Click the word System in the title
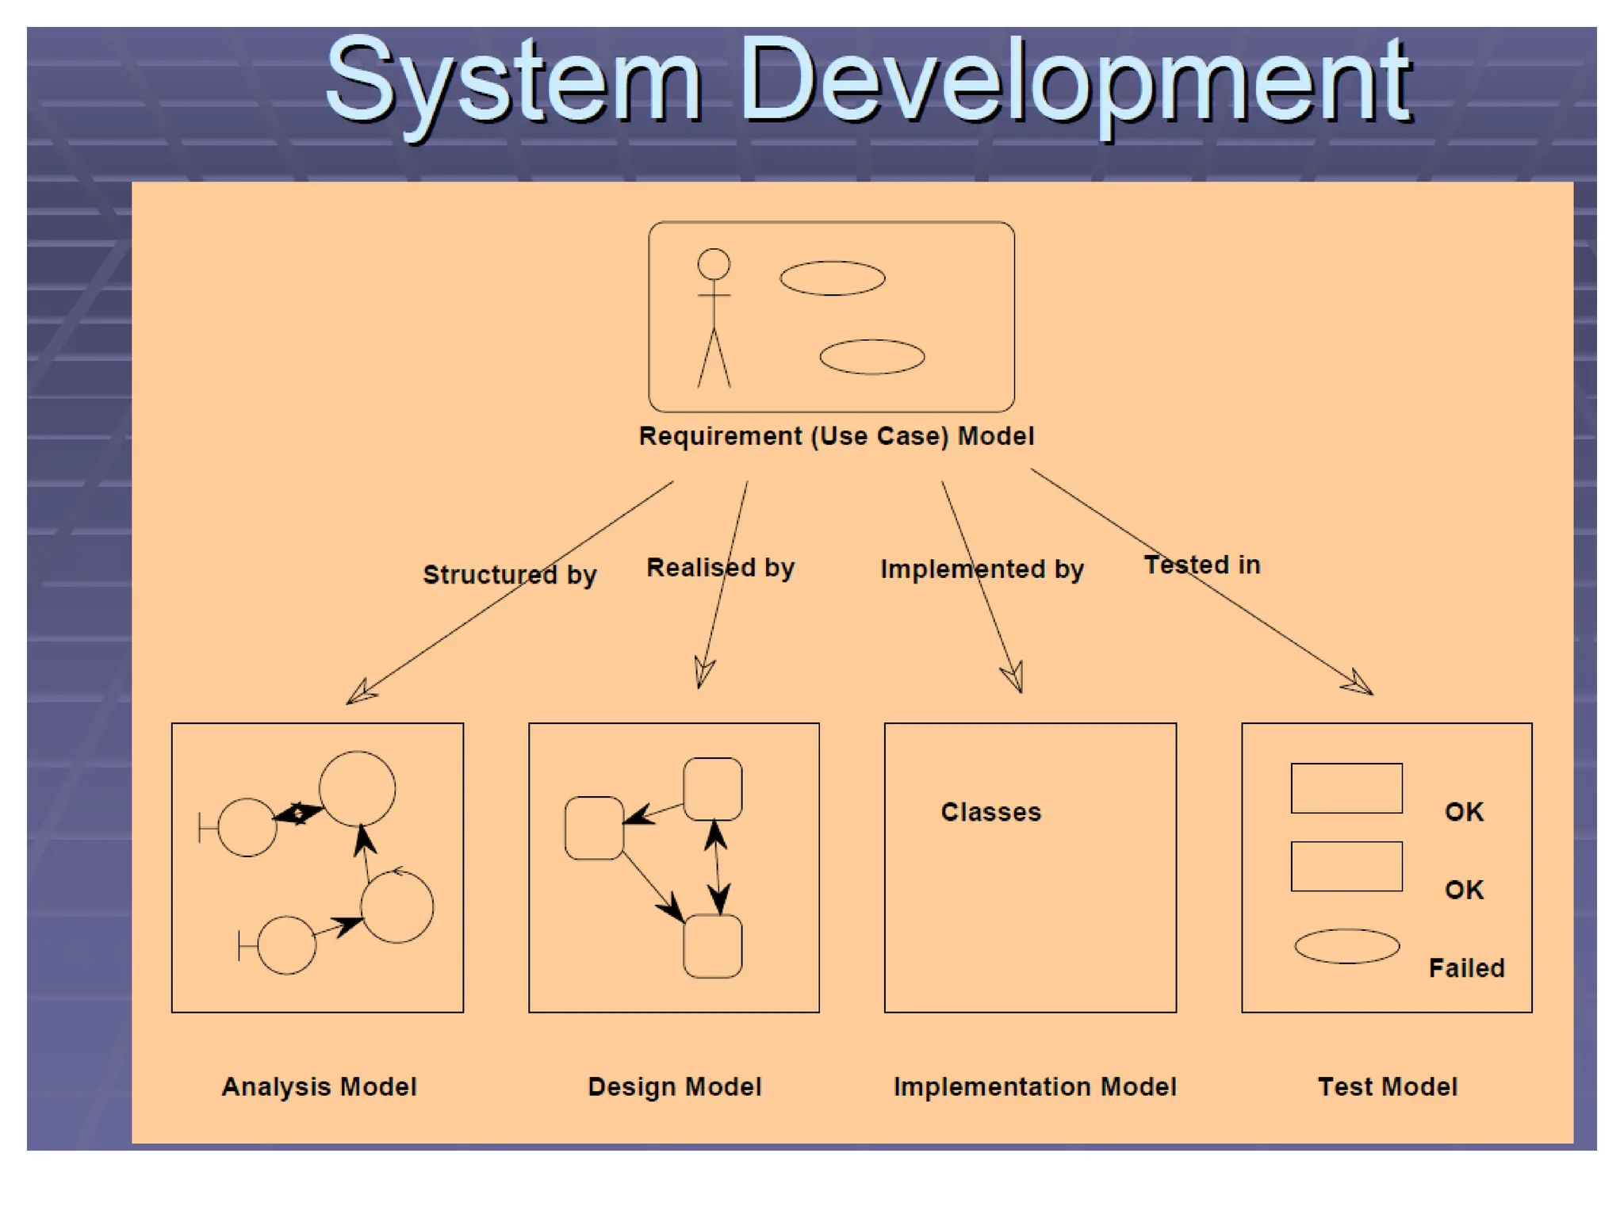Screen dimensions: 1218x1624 coord(514,83)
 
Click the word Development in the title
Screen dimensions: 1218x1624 coord(1077,83)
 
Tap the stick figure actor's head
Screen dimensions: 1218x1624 coord(714,264)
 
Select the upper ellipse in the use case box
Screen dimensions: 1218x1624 coord(832,278)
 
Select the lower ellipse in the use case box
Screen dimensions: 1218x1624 coord(871,357)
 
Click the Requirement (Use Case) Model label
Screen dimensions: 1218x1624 coord(837,436)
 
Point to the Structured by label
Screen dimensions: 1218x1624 coord(509,574)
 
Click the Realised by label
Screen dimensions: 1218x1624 coord(720,568)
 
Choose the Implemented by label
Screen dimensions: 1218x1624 coord(982,569)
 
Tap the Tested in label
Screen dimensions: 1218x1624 coord(1201,565)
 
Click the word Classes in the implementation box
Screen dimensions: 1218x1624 coord(990,812)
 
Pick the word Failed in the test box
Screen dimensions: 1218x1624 coord(1466,968)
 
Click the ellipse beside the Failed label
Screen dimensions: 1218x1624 coord(1346,946)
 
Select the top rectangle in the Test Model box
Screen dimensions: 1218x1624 coord(1346,788)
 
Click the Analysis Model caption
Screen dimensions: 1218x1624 coord(319,1086)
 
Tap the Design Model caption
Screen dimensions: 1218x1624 coord(674,1086)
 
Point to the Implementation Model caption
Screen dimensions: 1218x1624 coord(1035,1086)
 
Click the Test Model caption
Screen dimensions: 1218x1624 coord(1387,1086)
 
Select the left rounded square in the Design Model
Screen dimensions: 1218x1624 coord(594,828)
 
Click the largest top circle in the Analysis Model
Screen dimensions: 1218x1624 coord(357,789)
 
